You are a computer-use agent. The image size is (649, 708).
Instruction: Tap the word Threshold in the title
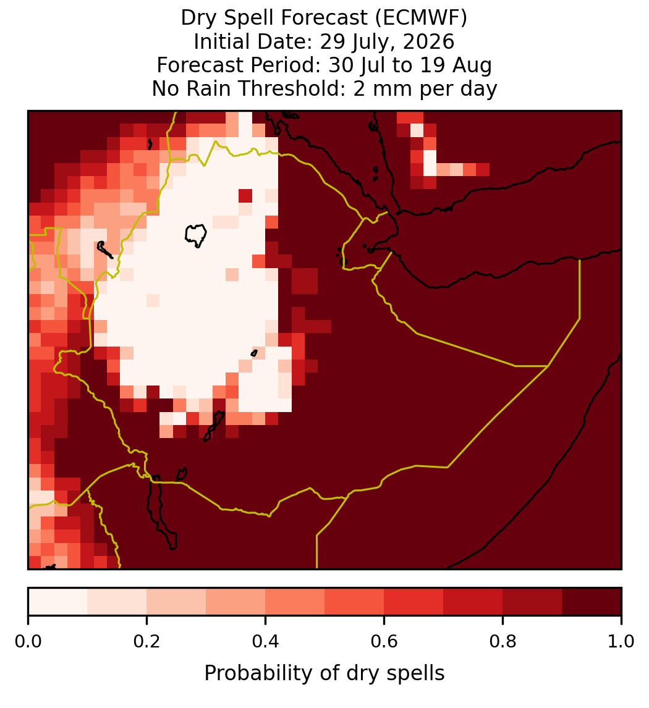point(291,88)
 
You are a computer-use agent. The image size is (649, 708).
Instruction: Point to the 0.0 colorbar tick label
point(28,641)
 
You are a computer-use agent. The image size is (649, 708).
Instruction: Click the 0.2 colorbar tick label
point(146,641)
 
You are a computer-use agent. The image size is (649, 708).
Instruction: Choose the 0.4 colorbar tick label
point(266,641)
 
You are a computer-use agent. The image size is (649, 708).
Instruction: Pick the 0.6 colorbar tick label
point(384,641)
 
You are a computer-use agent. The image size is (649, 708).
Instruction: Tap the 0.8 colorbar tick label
point(503,641)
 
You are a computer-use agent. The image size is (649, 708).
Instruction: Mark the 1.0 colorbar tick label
point(621,641)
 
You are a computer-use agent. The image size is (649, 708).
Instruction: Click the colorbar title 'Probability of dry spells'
point(324,673)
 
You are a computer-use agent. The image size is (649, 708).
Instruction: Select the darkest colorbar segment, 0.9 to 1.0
point(592,602)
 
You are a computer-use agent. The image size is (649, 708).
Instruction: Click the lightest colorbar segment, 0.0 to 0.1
point(58,602)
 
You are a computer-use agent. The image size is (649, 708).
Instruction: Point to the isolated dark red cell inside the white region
point(245,196)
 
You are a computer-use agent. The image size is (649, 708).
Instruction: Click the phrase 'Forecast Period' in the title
point(238,65)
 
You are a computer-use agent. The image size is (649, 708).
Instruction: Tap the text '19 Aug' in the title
point(456,65)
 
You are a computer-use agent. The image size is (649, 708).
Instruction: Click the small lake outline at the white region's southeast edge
point(254,353)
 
